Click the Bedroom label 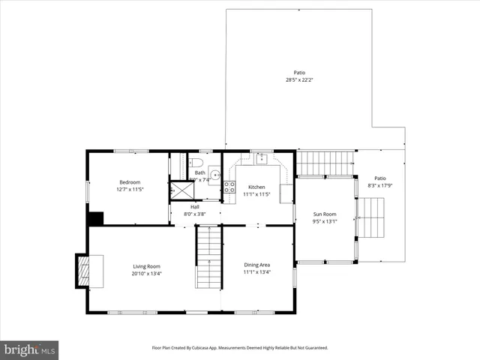[130, 182]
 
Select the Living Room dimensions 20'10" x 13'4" [147, 274]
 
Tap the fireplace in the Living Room [83, 270]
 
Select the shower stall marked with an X [180, 190]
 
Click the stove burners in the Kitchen [229, 187]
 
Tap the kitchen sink [261, 158]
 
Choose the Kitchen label [256, 187]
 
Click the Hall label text [194, 207]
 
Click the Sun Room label [325, 214]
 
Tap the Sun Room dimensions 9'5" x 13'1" [325, 221]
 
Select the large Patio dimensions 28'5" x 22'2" [299, 79]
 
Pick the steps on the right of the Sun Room [373, 217]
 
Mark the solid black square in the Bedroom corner [95, 218]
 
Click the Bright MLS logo [30, 349]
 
